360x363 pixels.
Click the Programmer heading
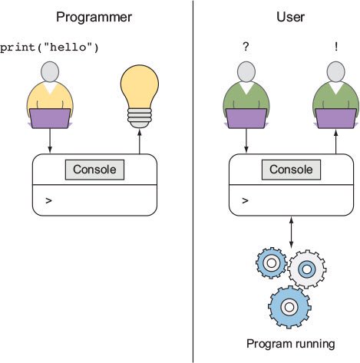point(94,18)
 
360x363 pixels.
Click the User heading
point(290,17)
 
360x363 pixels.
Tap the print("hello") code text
point(49,48)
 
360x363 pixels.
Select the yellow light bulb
point(140,96)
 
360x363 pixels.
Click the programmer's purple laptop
point(50,118)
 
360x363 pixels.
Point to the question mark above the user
point(246,46)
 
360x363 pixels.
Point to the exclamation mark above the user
point(336,46)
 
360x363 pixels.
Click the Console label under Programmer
point(94,170)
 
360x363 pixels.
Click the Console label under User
point(291,170)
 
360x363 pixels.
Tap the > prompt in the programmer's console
point(48,200)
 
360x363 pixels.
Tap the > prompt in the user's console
point(245,200)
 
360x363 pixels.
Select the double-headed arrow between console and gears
point(291,233)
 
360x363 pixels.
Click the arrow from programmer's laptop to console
point(50,140)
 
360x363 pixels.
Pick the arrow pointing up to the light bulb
point(140,141)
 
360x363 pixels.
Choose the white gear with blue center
point(306,269)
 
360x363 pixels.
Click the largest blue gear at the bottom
point(289,307)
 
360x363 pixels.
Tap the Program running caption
point(291,345)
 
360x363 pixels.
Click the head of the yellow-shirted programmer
point(50,72)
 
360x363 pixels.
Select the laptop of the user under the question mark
point(246,118)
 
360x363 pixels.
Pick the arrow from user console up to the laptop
point(336,141)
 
